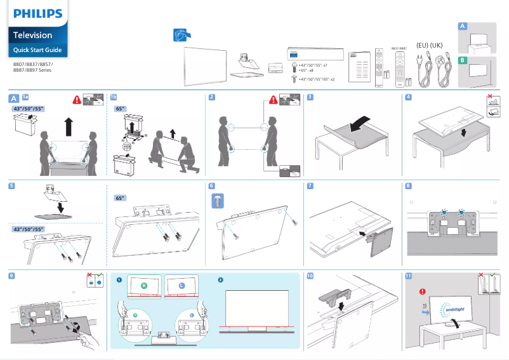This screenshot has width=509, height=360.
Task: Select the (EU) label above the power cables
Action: click(x=421, y=45)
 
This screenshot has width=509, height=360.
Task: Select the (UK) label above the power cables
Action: click(x=436, y=45)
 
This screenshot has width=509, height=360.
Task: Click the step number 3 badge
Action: click(x=310, y=97)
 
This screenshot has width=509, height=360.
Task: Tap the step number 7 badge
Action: click(x=310, y=186)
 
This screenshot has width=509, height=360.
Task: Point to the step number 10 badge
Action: click(x=310, y=276)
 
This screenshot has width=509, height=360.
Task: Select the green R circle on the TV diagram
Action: click(x=144, y=286)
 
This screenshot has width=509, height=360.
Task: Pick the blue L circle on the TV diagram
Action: click(x=182, y=286)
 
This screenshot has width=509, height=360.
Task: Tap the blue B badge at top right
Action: click(x=462, y=60)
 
